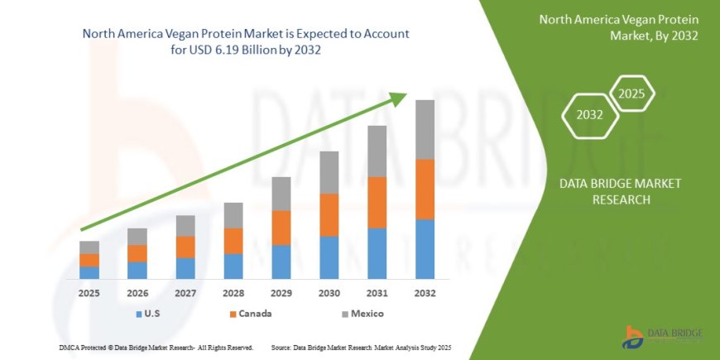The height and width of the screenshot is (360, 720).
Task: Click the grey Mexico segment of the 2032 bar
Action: pos(425,130)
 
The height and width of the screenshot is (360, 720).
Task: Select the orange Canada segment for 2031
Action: pos(377,203)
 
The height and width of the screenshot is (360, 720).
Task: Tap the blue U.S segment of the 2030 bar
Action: pos(329,257)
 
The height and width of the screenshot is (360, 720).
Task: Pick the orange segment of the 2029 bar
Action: pos(281,228)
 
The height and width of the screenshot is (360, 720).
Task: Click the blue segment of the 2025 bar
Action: pos(89,272)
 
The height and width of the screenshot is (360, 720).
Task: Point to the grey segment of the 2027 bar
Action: pos(185,226)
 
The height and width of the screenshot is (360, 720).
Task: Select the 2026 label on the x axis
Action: pos(137,293)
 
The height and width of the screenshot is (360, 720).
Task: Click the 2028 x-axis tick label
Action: pos(233,293)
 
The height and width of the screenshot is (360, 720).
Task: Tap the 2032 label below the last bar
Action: pos(425,293)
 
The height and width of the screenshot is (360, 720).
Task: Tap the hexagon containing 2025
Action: pos(631,94)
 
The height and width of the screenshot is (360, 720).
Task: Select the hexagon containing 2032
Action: pos(589,115)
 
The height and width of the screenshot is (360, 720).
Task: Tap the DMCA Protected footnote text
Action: pos(156,348)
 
